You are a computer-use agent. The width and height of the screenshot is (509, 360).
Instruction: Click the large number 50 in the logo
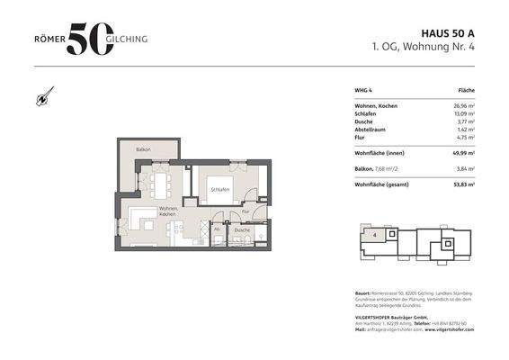click(x=91, y=40)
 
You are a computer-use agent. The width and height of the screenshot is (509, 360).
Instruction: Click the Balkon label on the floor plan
click(x=142, y=148)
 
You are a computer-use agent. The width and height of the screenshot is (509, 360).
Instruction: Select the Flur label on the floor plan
click(x=245, y=211)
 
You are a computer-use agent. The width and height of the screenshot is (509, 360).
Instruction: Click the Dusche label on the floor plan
click(x=242, y=230)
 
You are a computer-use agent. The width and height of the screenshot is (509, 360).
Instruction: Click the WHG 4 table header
click(x=364, y=91)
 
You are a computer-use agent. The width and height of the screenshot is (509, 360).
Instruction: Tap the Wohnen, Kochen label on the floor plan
click(x=168, y=211)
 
